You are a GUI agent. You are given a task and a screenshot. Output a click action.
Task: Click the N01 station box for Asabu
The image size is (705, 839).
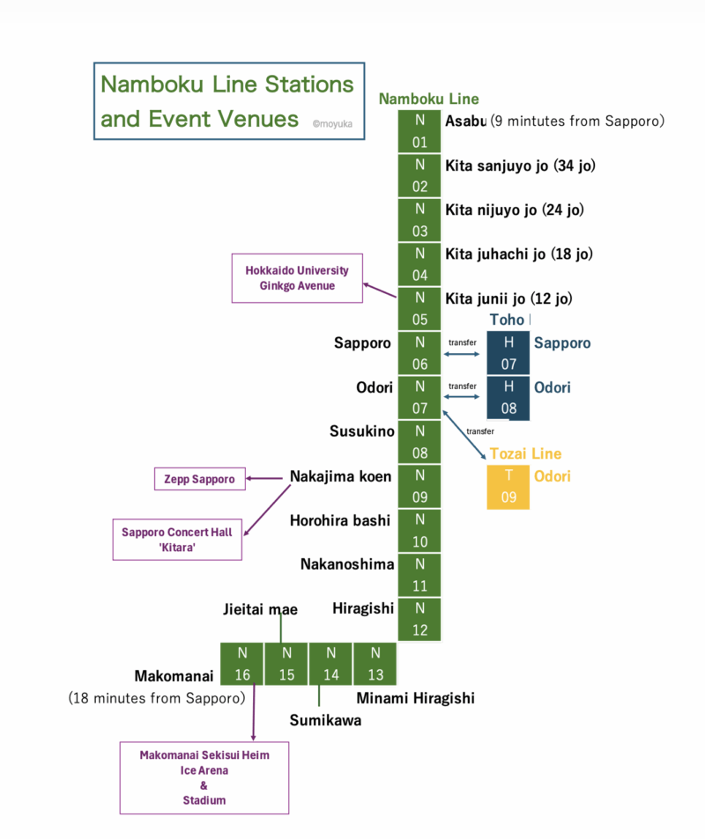tap(419, 131)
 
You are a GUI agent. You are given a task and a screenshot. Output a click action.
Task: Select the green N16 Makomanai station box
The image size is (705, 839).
tap(241, 664)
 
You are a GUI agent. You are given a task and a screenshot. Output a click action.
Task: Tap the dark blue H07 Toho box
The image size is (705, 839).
tap(508, 352)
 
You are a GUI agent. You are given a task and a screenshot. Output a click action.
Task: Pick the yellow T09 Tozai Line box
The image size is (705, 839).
tap(508, 487)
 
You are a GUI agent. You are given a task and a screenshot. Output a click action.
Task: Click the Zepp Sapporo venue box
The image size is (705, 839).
tap(200, 479)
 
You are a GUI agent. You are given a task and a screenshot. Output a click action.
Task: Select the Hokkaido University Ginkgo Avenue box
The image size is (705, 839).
tap(297, 278)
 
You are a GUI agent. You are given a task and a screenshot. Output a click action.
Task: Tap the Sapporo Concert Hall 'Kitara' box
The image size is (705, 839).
tap(177, 539)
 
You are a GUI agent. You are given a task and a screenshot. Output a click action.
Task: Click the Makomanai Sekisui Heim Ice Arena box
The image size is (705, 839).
tap(204, 777)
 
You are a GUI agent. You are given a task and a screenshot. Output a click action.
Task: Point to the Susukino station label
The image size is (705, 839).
tap(361, 431)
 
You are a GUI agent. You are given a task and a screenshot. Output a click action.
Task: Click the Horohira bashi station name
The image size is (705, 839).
tap(340, 520)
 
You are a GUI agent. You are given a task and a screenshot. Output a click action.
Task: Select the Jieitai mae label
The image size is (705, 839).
tap(260, 609)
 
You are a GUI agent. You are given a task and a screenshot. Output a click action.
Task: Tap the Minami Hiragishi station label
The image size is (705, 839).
tap(415, 698)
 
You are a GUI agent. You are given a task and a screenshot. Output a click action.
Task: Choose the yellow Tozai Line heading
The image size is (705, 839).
tap(525, 453)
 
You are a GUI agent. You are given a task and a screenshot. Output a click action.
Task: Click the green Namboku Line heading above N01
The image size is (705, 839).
tap(429, 99)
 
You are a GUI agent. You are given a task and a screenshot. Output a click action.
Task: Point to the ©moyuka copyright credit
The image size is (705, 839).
tap(332, 124)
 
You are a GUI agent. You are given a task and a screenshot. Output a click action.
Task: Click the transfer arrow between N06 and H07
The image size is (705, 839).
tap(463, 354)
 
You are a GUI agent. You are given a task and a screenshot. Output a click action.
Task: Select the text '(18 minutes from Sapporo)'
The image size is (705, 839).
tap(156, 698)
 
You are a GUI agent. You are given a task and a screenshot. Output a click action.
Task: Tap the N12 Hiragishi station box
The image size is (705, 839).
tap(419, 620)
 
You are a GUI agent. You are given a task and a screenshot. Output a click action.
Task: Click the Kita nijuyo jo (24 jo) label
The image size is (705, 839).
tap(515, 210)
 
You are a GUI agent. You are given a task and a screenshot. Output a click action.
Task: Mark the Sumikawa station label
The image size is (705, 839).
tap(325, 720)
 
